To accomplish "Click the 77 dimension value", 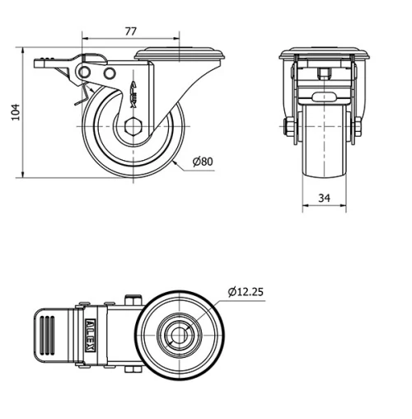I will [x=130, y=31].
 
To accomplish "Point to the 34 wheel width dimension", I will [x=324, y=198].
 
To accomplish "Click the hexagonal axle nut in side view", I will [x=135, y=127].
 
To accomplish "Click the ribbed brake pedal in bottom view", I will [x=52, y=337].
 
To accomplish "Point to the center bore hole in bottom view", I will [x=179, y=336].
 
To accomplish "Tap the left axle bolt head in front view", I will [x=288, y=128].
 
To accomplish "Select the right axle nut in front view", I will [x=358, y=128].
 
